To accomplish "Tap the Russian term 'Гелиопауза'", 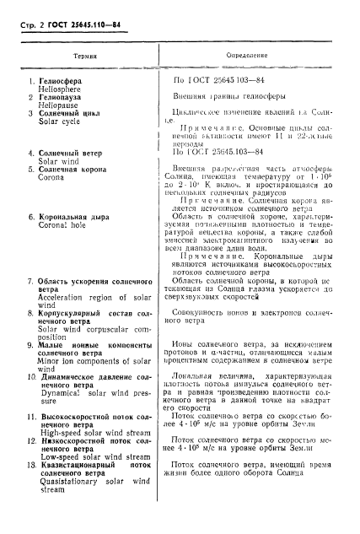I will click(65, 99).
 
